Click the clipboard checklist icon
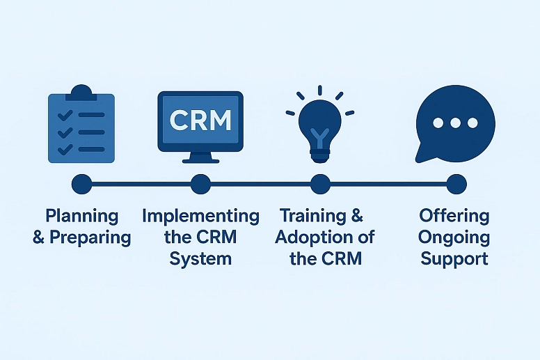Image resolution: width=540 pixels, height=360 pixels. coord(81,127)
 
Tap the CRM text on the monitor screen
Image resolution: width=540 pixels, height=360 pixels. coord(200,120)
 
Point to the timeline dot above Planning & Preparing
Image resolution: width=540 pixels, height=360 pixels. coord(81,184)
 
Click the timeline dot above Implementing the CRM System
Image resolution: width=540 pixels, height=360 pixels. coord(200,184)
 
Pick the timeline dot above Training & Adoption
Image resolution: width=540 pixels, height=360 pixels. coord(320,184)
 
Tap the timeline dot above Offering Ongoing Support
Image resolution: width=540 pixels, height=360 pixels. coord(456,184)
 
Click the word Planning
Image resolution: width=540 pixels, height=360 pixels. coord(81,217)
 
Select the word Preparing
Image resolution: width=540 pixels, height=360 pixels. coord(90,237)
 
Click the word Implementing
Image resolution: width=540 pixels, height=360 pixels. coord(200,216)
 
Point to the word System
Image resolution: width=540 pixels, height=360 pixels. coord(200,259)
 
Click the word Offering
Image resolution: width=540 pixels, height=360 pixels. coord(454,216)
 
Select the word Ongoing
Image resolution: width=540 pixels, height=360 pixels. coord(454,237)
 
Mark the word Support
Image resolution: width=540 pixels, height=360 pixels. coord(454,259)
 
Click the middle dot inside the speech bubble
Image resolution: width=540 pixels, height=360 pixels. coord(456,123)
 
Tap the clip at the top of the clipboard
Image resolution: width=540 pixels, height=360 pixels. coord(81,91)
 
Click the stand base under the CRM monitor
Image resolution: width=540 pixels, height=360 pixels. coord(200,159)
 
